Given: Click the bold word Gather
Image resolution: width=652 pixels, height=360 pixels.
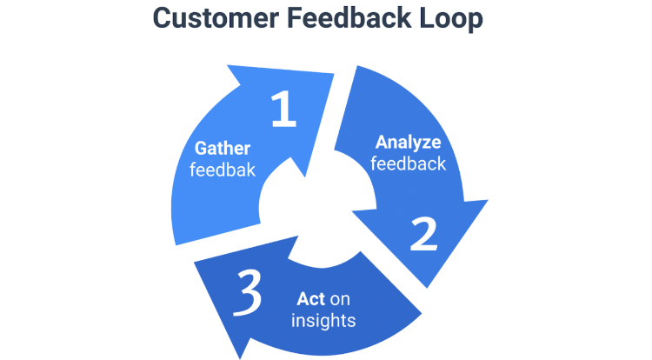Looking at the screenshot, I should pos(223,148).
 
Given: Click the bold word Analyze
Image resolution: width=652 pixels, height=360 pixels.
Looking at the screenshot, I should pos(408,142).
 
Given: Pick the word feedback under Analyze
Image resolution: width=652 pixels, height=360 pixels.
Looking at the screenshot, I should pos(408,163).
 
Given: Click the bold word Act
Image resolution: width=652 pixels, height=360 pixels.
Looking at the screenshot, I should pos(310,298).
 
